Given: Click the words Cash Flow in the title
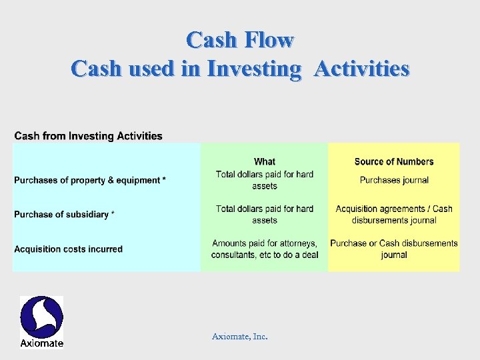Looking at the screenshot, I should [240, 40].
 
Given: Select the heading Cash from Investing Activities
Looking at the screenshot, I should [88, 136].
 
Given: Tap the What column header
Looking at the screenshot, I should [264, 161].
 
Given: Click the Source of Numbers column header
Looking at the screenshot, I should [393, 161].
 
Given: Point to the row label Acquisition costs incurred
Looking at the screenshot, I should [68, 249].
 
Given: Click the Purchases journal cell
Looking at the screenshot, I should [394, 180].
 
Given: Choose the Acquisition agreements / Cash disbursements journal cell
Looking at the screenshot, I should [394, 215].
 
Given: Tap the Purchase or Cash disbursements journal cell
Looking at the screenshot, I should [394, 249].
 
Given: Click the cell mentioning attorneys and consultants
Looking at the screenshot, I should [265, 249].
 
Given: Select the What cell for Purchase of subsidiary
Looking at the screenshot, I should [265, 215].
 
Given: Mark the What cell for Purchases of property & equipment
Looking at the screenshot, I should [265, 180].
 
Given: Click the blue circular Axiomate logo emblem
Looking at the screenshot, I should [41, 317].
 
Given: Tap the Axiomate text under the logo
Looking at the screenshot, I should [41, 343].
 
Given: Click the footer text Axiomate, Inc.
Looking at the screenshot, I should [240, 337].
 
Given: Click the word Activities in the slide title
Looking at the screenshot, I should [361, 69].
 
